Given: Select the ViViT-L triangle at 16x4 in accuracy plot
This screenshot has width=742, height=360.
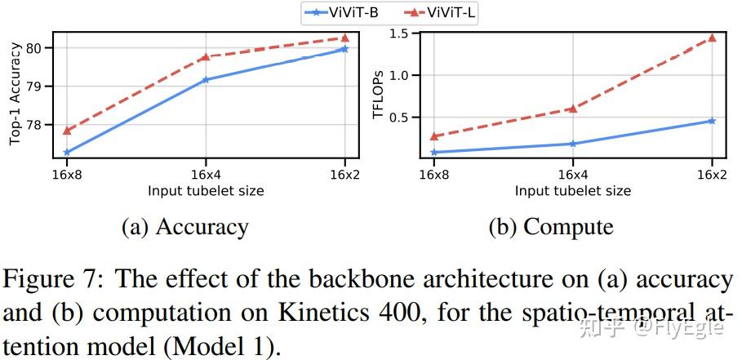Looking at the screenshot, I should [x=205, y=57].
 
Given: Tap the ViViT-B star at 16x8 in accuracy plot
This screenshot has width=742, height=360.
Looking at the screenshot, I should [x=66, y=152].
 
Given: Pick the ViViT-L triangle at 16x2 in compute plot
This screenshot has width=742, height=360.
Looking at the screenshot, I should [x=712, y=38].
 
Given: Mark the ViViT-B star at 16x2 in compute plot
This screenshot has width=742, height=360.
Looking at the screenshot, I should [x=712, y=121].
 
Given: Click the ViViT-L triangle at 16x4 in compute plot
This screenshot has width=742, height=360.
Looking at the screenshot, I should [x=572, y=108].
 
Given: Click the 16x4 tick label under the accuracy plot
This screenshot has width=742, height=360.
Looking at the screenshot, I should [x=205, y=175].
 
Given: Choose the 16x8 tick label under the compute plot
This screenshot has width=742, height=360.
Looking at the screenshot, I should [x=433, y=175].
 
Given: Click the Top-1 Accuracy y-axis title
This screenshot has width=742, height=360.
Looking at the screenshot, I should [x=16, y=96].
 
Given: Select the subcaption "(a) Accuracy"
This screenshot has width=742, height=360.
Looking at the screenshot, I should [x=184, y=226].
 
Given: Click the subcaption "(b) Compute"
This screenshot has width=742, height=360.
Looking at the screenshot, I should [x=550, y=226].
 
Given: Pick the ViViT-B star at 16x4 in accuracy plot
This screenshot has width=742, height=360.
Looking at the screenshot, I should [x=205, y=80].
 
